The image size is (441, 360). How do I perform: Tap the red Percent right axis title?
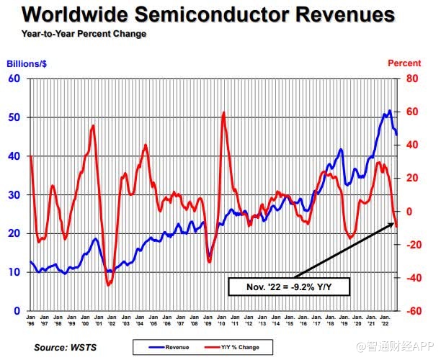pos(404,63)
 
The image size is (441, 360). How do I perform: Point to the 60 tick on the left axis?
pos(14,78)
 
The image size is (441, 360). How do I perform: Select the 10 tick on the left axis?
pos(14,272)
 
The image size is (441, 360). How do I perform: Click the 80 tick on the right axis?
pos(412,78)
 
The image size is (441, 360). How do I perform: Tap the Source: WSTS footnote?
pos(63,348)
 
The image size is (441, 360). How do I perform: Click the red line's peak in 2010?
pos(224,112)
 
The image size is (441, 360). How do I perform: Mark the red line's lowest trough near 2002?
pos(109,286)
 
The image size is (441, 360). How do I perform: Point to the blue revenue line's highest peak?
pos(390,110)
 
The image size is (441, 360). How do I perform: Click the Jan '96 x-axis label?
pos(30,321)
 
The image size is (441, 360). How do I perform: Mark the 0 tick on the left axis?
pos(17,311)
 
